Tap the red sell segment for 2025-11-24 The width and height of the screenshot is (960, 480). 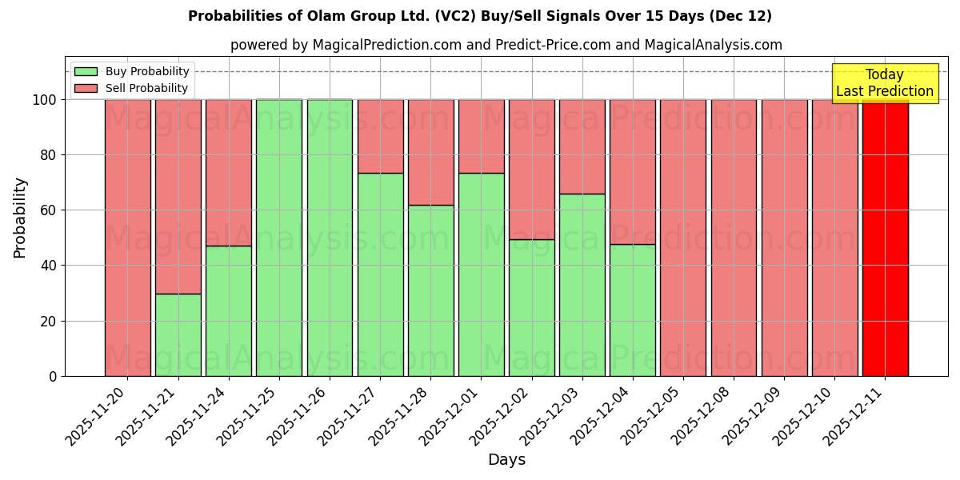229,172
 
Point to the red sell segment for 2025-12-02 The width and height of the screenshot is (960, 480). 531,169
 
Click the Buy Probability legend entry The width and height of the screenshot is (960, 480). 147,71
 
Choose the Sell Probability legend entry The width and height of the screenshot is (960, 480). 146,88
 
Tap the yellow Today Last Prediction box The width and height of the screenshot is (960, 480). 884,83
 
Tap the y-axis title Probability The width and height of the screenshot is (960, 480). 20,218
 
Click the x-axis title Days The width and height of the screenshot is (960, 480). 506,460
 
